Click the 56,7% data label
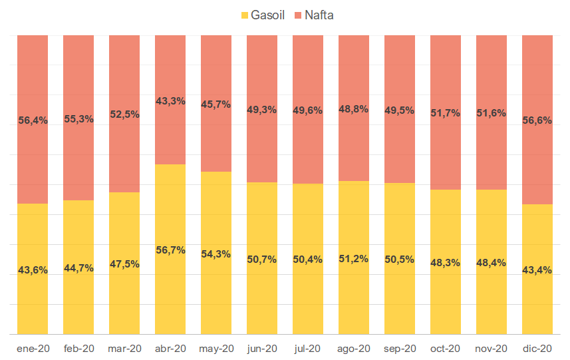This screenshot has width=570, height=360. click(170, 250)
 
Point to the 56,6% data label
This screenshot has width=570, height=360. click(537, 120)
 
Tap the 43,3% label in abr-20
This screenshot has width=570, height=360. click(170, 101)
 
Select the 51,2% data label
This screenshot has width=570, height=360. click(354, 259)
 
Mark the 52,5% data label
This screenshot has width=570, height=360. click(124, 114)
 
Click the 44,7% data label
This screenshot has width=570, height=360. click(78, 268)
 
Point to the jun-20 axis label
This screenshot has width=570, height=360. click(262, 348)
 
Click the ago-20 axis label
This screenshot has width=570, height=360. click(354, 348)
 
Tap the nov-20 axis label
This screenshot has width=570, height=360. click(492, 348)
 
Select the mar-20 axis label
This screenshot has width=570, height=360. click(124, 348)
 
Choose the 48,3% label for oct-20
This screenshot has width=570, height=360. click(446, 263)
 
